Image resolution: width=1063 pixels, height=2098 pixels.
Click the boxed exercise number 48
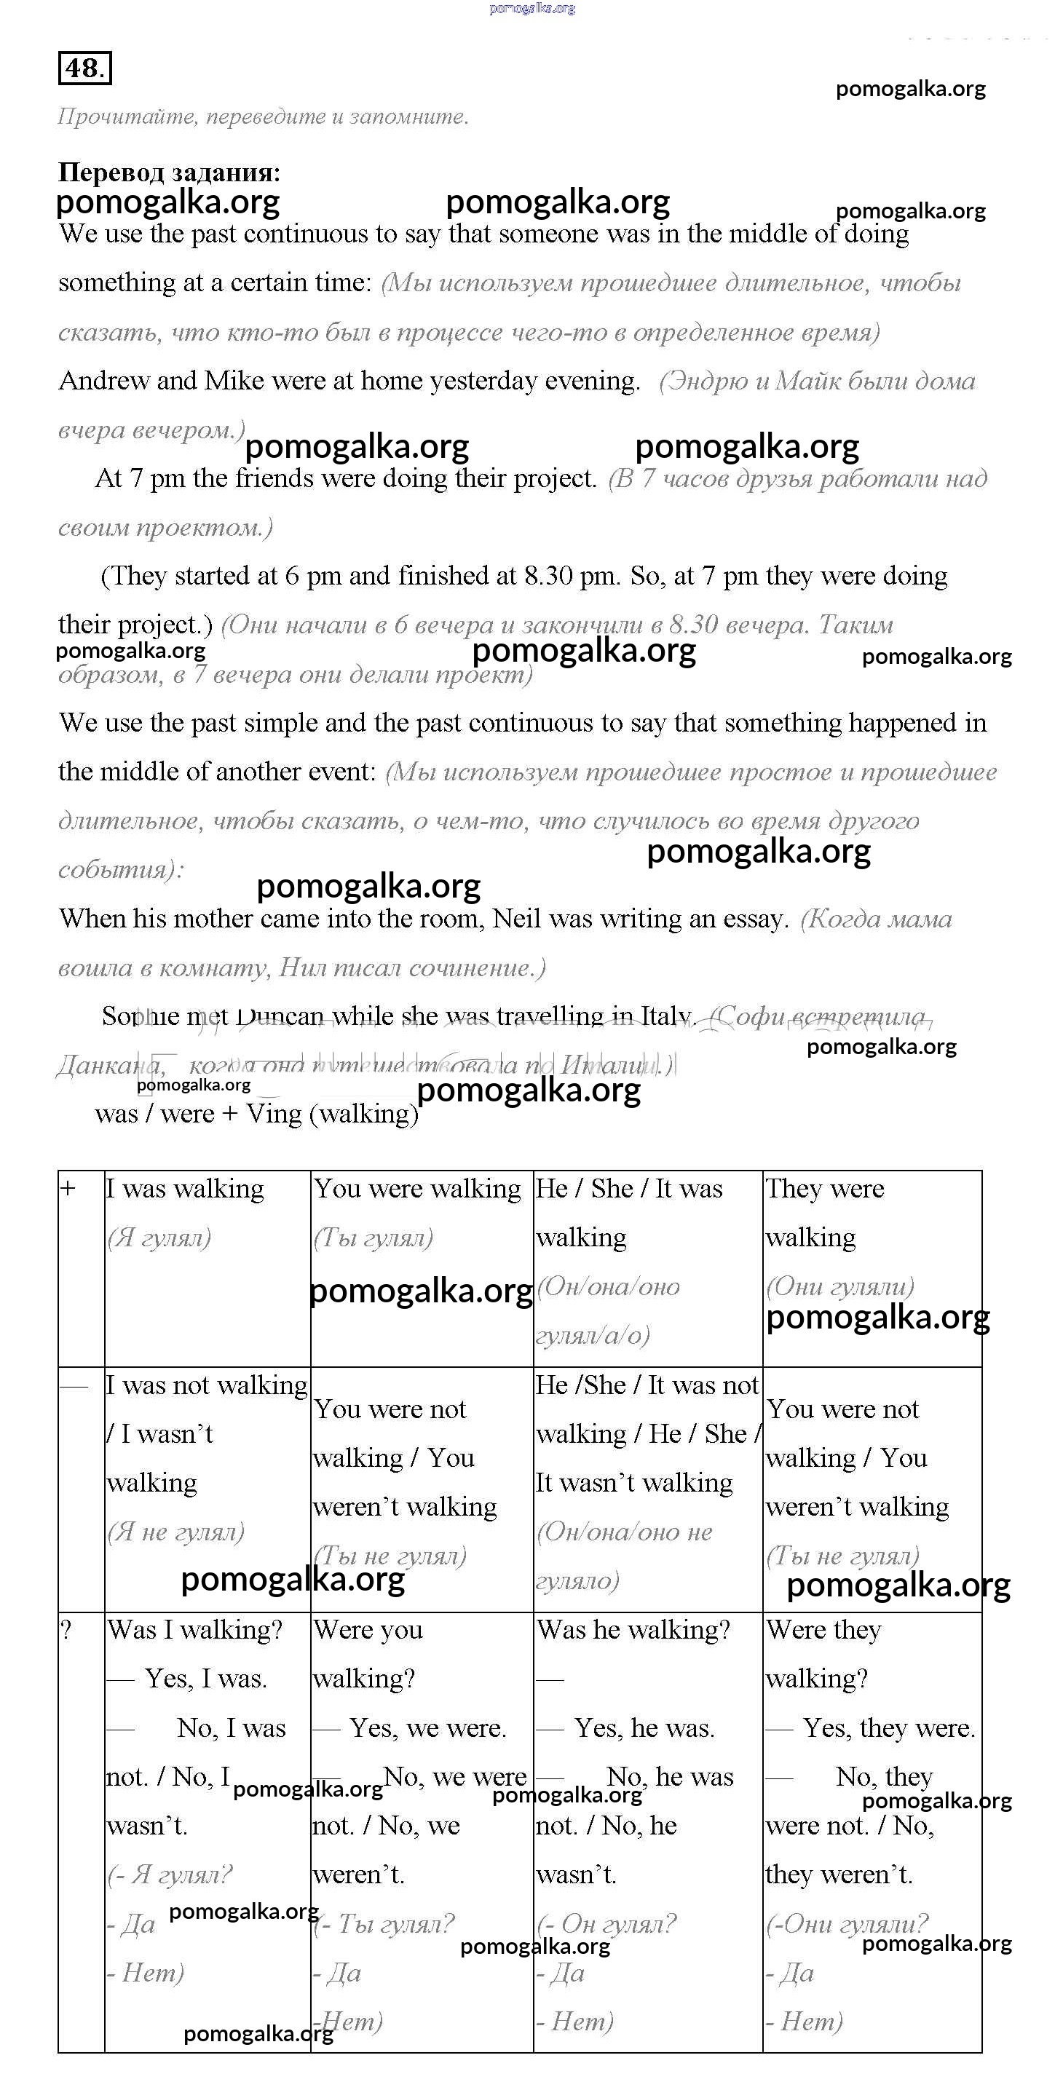pyautogui.click(x=84, y=68)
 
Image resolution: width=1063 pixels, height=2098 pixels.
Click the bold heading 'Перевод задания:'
pyautogui.click(x=170, y=173)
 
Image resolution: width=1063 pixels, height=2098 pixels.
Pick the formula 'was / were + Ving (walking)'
pyautogui.click(x=256, y=1113)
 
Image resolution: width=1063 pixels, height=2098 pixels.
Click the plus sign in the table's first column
pyautogui.click(x=68, y=1189)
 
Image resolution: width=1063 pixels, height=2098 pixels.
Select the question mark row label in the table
pyautogui.click(x=67, y=1631)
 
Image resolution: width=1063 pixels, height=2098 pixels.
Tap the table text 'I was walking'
pyautogui.click(x=185, y=1189)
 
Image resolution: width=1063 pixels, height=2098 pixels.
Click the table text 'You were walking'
pyautogui.click(x=417, y=1189)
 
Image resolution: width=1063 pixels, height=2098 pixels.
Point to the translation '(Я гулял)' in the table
pyautogui.click(x=159, y=1238)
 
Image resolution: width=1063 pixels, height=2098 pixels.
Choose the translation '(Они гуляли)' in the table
pyautogui.click(x=839, y=1286)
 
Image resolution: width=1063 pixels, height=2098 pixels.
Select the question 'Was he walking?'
pyautogui.click(x=633, y=1630)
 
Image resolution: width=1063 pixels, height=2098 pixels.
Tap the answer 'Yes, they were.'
pyautogui.click(x=889, y=1727)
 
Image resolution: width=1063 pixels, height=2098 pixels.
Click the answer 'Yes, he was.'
pyautogui.click(x=644, y=1727)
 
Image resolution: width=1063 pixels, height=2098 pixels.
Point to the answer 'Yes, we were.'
pyautogui.click(x=427, y=1727)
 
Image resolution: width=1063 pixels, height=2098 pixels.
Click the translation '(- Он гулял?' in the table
pyautogui.click(x=606, y=1924)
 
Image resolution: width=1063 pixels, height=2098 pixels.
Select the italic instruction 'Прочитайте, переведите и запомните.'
pyautogui.click(x=263, y=116)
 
